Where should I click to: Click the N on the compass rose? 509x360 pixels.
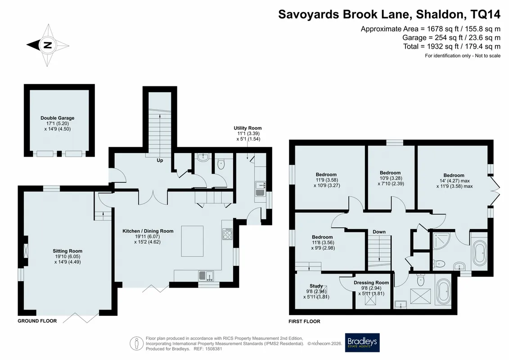tap(48, 45)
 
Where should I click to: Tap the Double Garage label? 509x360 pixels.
tap(58, 118)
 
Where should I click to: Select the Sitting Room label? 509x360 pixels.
tap(68, 251)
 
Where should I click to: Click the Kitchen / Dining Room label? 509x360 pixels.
tap(148, 231)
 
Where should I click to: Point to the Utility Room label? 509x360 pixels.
tap(248, 128)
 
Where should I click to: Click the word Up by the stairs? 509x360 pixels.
tap(160, 160)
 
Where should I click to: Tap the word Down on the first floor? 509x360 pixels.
tap(379, 232)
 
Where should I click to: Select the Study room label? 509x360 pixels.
tap(316, 286)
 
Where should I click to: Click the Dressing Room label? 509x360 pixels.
tap(371, 283)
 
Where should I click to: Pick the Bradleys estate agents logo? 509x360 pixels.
tap(362, 342)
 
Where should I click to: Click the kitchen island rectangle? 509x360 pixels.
tap(193, 242)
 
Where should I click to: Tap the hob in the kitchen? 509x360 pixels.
tap(228, 234)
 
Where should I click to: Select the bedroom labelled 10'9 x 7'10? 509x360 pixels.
tap(390, 178)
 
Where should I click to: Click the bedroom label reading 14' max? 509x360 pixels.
tap(454, 181)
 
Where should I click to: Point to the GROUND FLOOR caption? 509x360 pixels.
tap(37, 321)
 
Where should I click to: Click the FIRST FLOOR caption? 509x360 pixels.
tap(305, 321)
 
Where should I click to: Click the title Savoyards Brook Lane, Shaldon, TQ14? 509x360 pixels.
tap(389, 14)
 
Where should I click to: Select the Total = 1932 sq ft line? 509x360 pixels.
tap(452, 46)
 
